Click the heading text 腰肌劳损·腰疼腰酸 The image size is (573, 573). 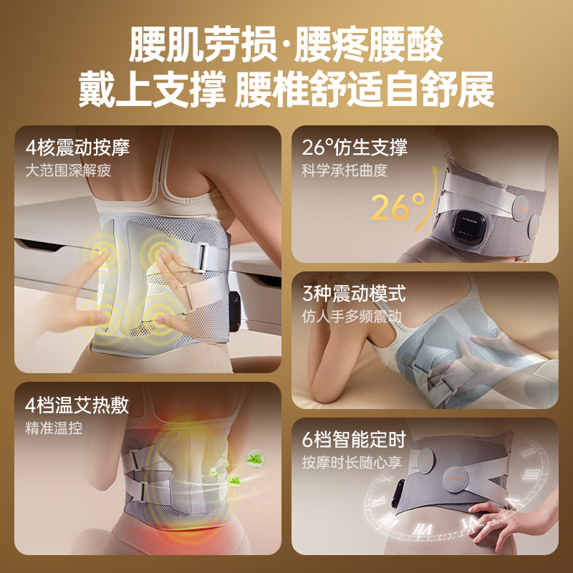(286, 45)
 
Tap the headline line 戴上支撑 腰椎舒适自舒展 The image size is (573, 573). (286, 90)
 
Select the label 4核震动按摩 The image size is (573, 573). (77, 148)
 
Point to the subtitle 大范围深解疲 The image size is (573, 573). (68, 170)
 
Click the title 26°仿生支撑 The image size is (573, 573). (355, 148)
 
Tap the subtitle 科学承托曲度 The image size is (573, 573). (345, 170)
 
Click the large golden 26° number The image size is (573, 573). (398, 206)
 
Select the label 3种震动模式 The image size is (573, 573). (354, 294)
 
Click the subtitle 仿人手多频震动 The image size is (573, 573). (352, 317)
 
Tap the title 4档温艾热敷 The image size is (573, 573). (77, 405)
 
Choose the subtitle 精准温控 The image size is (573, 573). (54, 428)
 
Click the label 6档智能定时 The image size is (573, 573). (354, 439)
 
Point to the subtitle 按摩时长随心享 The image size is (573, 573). (352, 463)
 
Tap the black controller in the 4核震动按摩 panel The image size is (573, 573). (234, 312)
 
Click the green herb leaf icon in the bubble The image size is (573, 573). (255, 458)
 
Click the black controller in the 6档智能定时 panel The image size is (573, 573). (398, 493)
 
